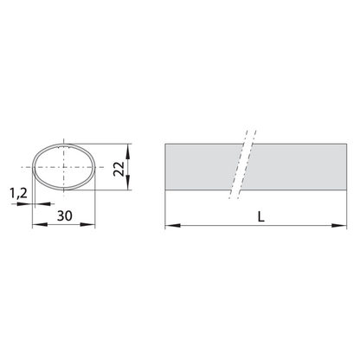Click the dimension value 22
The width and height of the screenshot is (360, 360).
coord(119,169)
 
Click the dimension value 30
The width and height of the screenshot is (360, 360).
coord(65,215)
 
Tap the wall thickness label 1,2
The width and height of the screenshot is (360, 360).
coord(18,193)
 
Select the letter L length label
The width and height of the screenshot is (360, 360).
coord(261,216)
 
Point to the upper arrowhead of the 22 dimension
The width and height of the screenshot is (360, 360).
coord(128,151)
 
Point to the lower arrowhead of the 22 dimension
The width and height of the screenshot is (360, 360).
coord(128,183)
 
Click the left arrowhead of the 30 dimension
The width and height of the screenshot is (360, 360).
coord(40,224)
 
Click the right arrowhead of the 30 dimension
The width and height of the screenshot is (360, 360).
coord(87,224)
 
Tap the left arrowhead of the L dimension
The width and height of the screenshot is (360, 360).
coord(173,225)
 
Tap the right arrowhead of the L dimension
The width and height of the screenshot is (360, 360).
coord(339,225)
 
